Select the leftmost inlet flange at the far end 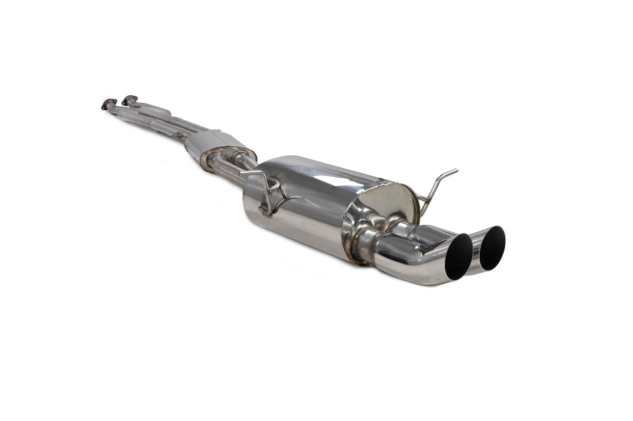point(108,104)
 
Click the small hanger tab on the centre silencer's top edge point(217,130)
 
